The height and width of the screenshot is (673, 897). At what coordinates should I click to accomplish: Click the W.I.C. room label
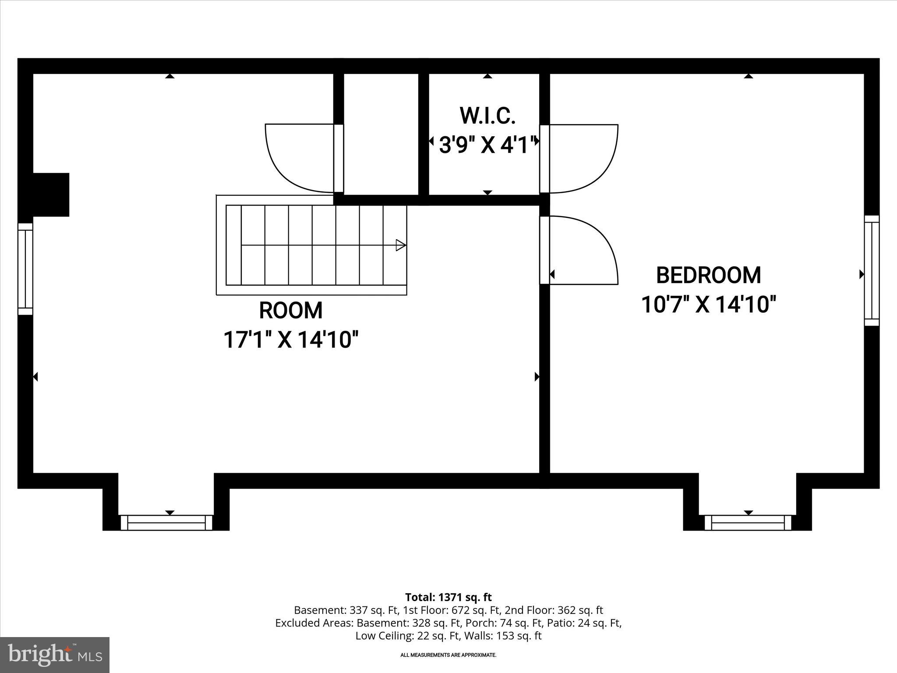(487, 116)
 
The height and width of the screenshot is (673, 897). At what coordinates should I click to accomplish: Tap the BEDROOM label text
(708, 275)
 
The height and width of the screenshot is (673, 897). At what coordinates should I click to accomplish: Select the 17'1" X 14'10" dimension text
(291, 340)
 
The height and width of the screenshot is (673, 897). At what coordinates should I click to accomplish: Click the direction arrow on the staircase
(400, 245)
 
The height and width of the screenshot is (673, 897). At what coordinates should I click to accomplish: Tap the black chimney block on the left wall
(51, 195)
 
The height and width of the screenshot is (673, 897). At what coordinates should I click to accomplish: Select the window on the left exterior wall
(25, 269)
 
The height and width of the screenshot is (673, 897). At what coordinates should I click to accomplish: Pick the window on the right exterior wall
(872, 270)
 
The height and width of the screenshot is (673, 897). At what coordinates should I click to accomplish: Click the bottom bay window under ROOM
(166, 523)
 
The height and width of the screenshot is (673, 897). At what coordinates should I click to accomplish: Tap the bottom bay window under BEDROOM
(748, 523)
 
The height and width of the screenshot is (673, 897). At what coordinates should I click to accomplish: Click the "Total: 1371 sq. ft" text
(448, 597)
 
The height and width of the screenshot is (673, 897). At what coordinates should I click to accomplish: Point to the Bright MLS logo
(55, 655)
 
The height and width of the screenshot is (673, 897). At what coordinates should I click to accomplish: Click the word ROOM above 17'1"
(291, 311)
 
